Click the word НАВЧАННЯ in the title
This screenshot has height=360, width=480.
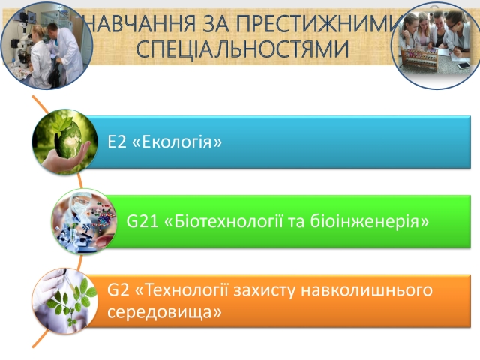[140, 23]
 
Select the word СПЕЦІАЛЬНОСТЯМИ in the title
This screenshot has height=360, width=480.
[242, 49]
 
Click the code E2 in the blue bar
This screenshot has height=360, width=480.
[117, 142]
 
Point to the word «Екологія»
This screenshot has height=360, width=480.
[177, 142]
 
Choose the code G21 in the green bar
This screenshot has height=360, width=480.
[142, 221]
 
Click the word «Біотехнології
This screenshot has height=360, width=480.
[223, 221]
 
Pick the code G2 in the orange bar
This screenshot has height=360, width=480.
[118, 289]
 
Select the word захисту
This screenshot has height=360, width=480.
[265, 290]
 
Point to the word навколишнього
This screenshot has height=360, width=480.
[367, 289]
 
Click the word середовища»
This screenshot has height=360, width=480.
[164, 312]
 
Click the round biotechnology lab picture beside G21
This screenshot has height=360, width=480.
[84, 221]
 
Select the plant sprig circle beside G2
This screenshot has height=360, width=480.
[65, 301]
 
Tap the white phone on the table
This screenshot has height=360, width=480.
[463, 65]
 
